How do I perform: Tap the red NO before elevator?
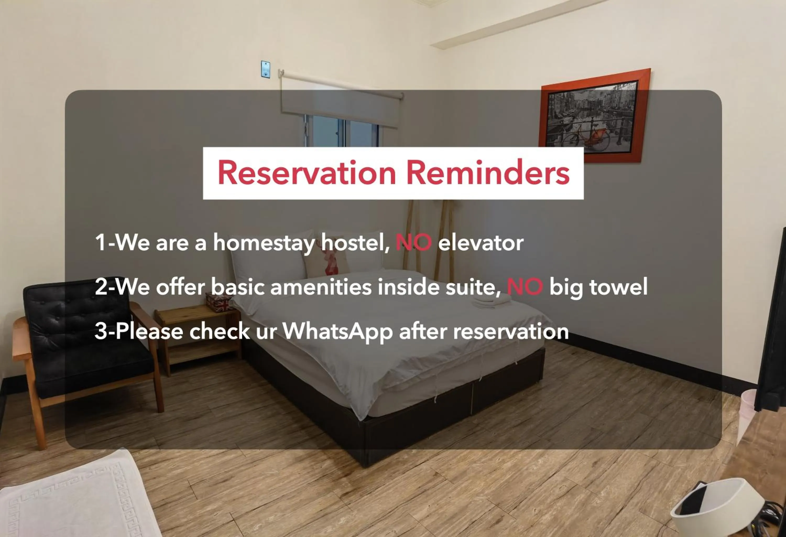point(413,243)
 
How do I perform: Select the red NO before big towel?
point(525,287)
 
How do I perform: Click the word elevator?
point(481,243)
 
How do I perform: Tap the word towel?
point(618,287)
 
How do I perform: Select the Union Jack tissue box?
point(219,302)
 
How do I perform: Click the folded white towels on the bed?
point(492,302)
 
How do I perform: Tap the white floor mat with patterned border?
point(74,497)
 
